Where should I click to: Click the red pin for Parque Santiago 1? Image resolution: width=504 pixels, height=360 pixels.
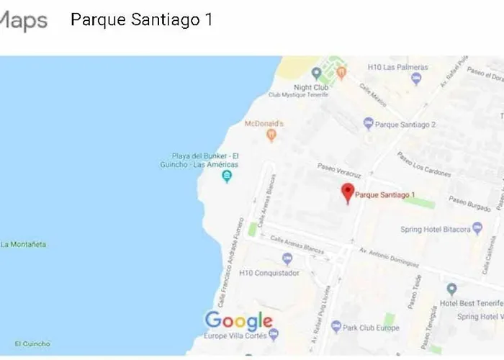pos(348,192)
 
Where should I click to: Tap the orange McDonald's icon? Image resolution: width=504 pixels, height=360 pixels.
pos(271,135)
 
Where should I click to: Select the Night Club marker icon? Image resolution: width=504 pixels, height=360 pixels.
pos(315,73)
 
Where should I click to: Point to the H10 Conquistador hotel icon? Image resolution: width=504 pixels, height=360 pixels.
pos(287,259)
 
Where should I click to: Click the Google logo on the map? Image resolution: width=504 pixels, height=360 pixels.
pos(239,320)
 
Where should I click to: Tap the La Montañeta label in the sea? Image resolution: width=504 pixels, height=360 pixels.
pos(23,244)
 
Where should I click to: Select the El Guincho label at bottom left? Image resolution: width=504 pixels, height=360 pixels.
pos(32,343)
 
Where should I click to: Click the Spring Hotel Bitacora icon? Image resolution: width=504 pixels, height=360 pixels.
pos(477,229)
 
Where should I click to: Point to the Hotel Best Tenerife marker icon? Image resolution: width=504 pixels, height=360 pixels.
pos(451,289)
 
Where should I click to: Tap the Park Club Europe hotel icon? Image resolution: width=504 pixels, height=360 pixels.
pos(336,328)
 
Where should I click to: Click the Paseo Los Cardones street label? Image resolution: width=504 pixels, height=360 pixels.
pos(423,165)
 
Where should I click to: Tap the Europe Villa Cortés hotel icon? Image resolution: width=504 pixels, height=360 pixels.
pos(274,336)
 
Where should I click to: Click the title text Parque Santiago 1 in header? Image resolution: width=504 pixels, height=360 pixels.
pos(141,19)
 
